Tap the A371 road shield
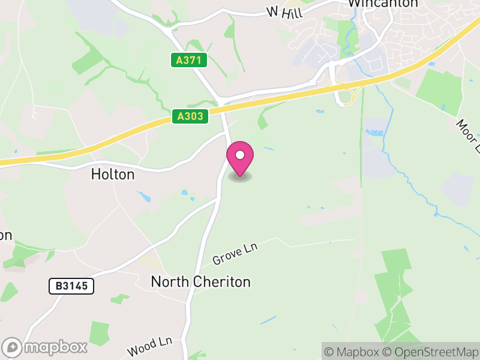(189, 61)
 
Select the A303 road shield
(190, 116)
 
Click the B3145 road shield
(71, 286)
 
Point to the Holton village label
(113, 175)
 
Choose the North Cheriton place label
(200, 281)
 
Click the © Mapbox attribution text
(352, 352)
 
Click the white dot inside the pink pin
(240, 155)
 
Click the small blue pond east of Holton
(143, 196)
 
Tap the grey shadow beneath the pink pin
(240, 177)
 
